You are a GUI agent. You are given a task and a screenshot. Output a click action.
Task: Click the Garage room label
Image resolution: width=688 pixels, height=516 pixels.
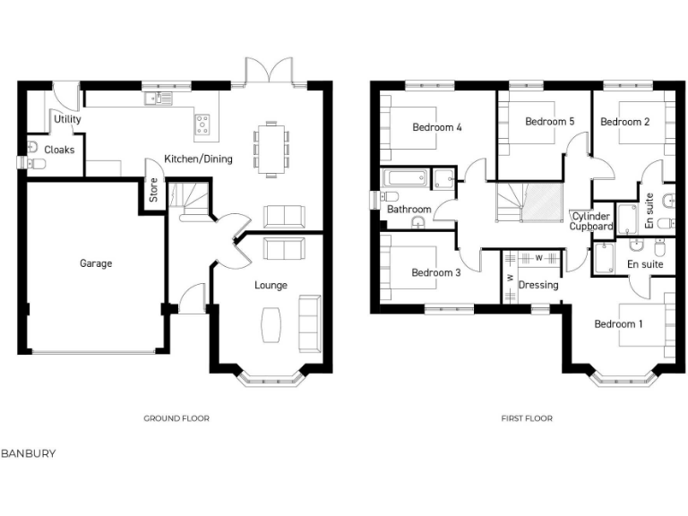tap(96, 264)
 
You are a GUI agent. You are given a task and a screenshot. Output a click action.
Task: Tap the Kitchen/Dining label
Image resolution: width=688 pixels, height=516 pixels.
tap(198, 159)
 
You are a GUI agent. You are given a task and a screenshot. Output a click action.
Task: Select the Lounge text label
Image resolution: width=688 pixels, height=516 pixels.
tap(271, 286)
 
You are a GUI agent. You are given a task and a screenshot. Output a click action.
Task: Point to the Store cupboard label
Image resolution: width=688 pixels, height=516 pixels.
tap(153, 193)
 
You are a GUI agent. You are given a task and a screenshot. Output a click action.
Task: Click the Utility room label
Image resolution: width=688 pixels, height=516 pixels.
tap(67, 119)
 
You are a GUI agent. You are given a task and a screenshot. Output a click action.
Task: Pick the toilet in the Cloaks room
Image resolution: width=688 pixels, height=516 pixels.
tap(36, 163)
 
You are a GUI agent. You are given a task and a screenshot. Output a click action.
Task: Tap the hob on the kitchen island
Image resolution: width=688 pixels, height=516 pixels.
tap(203, 124)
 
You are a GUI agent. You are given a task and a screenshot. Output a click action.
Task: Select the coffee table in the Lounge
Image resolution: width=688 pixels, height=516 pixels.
tap(271, 324)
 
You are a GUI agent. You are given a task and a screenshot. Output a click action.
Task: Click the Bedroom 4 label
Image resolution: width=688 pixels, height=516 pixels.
tap(436, 127)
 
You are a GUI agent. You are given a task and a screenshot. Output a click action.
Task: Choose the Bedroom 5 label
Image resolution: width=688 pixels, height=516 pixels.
tap(549, 122)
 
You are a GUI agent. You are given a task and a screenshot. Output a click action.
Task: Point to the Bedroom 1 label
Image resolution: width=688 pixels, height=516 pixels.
tap(618, 324)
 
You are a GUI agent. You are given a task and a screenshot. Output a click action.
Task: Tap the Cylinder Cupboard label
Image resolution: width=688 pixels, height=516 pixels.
tap(591, 221)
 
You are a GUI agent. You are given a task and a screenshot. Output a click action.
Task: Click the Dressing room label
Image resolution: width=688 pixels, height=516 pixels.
tap(538, 286)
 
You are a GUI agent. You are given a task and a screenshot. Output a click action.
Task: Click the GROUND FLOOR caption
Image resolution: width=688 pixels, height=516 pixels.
tap(176, 418)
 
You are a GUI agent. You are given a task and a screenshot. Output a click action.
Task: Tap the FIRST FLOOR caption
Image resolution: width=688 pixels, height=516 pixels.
tap(527, 418)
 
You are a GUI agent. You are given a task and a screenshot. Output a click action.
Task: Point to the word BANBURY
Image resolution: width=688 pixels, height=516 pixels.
tap(28, 453)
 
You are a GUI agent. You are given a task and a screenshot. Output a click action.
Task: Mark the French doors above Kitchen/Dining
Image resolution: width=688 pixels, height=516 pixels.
tap(270, 72)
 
